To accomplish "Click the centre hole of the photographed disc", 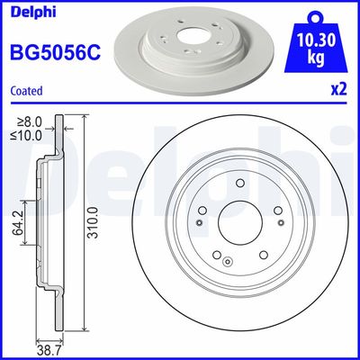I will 191,41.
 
